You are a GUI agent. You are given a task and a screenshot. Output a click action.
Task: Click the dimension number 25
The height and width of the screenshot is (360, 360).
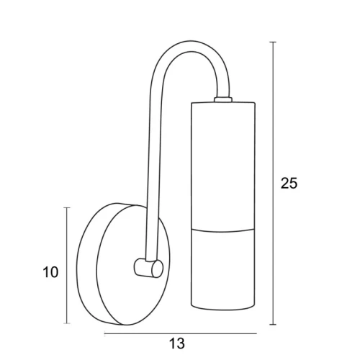[x=289, y=184]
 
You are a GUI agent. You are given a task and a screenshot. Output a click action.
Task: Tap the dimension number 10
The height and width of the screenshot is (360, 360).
[x=50, y=272]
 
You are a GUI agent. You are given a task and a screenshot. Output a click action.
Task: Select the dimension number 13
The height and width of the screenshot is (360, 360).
[x=177, y=343]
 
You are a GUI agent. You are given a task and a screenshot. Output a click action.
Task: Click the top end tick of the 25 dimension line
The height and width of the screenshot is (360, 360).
[x=272, y=42]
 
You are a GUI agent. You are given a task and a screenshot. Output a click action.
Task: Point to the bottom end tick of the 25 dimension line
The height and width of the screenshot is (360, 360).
[x=272, y=324]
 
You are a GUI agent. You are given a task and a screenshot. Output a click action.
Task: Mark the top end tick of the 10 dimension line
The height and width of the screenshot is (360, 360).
[x=67, y=207]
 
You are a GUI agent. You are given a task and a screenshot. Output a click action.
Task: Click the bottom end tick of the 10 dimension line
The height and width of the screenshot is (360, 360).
[x=67, y=323]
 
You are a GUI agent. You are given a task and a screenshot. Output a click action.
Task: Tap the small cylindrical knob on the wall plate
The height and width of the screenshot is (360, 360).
[x=148, y=268]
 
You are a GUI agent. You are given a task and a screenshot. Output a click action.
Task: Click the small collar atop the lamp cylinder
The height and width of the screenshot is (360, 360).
[x=223, y=99]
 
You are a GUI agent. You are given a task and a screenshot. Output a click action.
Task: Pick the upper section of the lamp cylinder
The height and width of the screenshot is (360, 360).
[x=223, y=166]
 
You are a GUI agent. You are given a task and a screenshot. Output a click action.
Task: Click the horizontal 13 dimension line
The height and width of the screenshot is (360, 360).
[x=181, y=333]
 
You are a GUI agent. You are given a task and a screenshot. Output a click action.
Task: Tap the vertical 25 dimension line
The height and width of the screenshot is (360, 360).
[x=272, y=183]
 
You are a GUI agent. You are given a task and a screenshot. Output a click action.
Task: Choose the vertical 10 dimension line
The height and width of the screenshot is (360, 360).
[x=67, y=265]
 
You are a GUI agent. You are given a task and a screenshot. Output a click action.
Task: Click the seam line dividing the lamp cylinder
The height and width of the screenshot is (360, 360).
[x=223, y=231]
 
